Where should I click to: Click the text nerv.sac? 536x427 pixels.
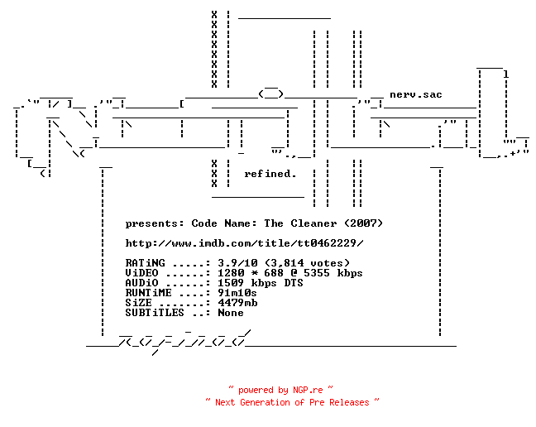(x=416, y=94)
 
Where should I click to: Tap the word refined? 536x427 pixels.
(x=270, y=174)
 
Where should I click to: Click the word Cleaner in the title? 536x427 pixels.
(x=313, y=223)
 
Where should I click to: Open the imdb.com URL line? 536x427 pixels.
(x=244, y=243)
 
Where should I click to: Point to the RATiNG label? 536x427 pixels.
(x=146, y=263)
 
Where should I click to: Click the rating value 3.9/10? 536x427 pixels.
(x=238, y=263)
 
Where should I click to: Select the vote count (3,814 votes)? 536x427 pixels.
(x=308, y=263)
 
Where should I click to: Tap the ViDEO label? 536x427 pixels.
(x=142, y=273)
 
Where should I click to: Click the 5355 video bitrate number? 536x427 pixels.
(x=317, y=273)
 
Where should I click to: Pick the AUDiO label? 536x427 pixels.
(x=142, y=283)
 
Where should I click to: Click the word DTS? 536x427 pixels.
(x=294, y=283)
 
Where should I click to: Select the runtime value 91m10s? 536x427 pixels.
(x=237, y=293)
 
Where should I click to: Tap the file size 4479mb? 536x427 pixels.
(x=237, y=303)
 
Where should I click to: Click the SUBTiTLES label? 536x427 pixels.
(x=155, y=313)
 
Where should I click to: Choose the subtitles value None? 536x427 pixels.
(x=231, y=313)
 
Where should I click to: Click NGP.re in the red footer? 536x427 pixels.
(x=308, y=390)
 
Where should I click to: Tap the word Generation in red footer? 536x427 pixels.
(x=265, y=402)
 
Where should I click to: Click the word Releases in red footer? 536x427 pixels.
(x=349, y=402)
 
